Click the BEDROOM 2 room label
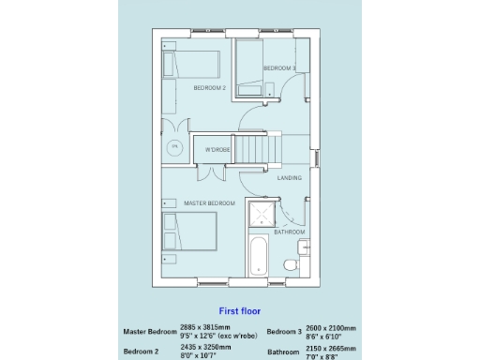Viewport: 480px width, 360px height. click(x=210, y=87)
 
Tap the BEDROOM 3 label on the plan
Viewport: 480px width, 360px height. click(x=279, y=68)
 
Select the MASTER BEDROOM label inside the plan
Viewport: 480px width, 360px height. click(x=208, y=202)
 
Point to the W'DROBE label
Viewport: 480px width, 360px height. click(x=217, y=150)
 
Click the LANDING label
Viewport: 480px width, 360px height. click(x=289, y=177)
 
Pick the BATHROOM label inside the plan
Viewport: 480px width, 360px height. click(x=289, y=232)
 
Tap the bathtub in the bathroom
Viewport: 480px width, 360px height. click(x=258, y=256)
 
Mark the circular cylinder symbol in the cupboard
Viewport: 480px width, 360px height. click(x=173, y=147)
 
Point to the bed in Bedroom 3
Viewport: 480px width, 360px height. click(x=248, y=67)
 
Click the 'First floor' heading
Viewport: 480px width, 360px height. click(x=239, y=310)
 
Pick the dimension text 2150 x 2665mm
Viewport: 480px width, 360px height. click(x=331, y=348)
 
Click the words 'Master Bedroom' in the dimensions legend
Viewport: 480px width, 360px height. click(x=149, y=332)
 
